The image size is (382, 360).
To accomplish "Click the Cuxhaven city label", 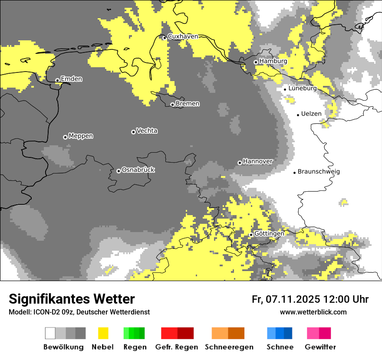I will (183, 36).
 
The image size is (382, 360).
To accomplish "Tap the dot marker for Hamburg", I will (256, 62).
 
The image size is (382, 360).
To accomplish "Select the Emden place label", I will (71, 79).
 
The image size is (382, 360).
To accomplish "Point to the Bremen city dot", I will (172, 105).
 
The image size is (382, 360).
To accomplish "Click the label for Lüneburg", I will (302, 88).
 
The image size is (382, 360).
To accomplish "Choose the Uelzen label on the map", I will (311, 114).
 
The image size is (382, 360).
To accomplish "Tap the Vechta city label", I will (147, 131).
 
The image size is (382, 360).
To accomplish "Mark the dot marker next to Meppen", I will (65, 137).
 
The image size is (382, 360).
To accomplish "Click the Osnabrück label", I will (138, 170).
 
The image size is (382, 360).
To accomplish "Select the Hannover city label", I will (257, 161).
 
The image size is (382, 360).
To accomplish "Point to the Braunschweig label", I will (319, 171).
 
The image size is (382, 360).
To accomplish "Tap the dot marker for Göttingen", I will (251, 235).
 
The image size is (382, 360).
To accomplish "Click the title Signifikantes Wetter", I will (72, 299).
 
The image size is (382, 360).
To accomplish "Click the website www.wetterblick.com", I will (313, 312).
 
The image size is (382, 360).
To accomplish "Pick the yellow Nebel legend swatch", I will (103, 333).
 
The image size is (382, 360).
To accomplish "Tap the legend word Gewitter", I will (320, 347).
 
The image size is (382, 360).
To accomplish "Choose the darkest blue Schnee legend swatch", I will (288, 333).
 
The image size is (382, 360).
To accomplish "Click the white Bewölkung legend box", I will (50, 333).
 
